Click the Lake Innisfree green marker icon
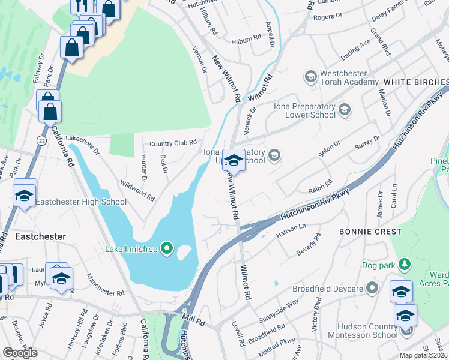click(167, 247)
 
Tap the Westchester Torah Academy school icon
click(310, 77)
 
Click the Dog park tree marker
click(405, 265)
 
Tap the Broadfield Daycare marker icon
click(373, 289)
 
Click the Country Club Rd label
click(173, 143)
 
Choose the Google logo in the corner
click(20, 353)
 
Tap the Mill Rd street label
click(195, 322)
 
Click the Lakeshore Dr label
click(83, 145)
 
